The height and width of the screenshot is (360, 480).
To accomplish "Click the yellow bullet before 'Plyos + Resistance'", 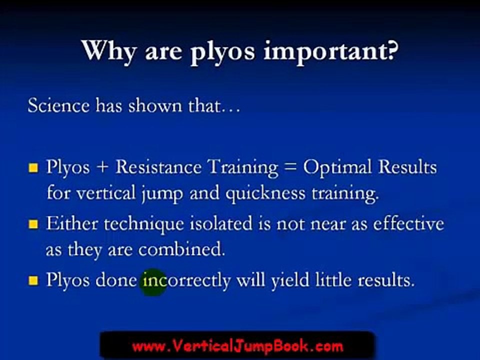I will point(33,168).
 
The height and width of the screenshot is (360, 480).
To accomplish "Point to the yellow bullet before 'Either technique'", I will point(33,224).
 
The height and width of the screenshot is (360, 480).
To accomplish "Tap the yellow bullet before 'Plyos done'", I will point(33,281).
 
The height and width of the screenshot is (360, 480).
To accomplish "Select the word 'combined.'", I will point(182,250).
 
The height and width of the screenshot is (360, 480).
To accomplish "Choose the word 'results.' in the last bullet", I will point(386,280).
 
